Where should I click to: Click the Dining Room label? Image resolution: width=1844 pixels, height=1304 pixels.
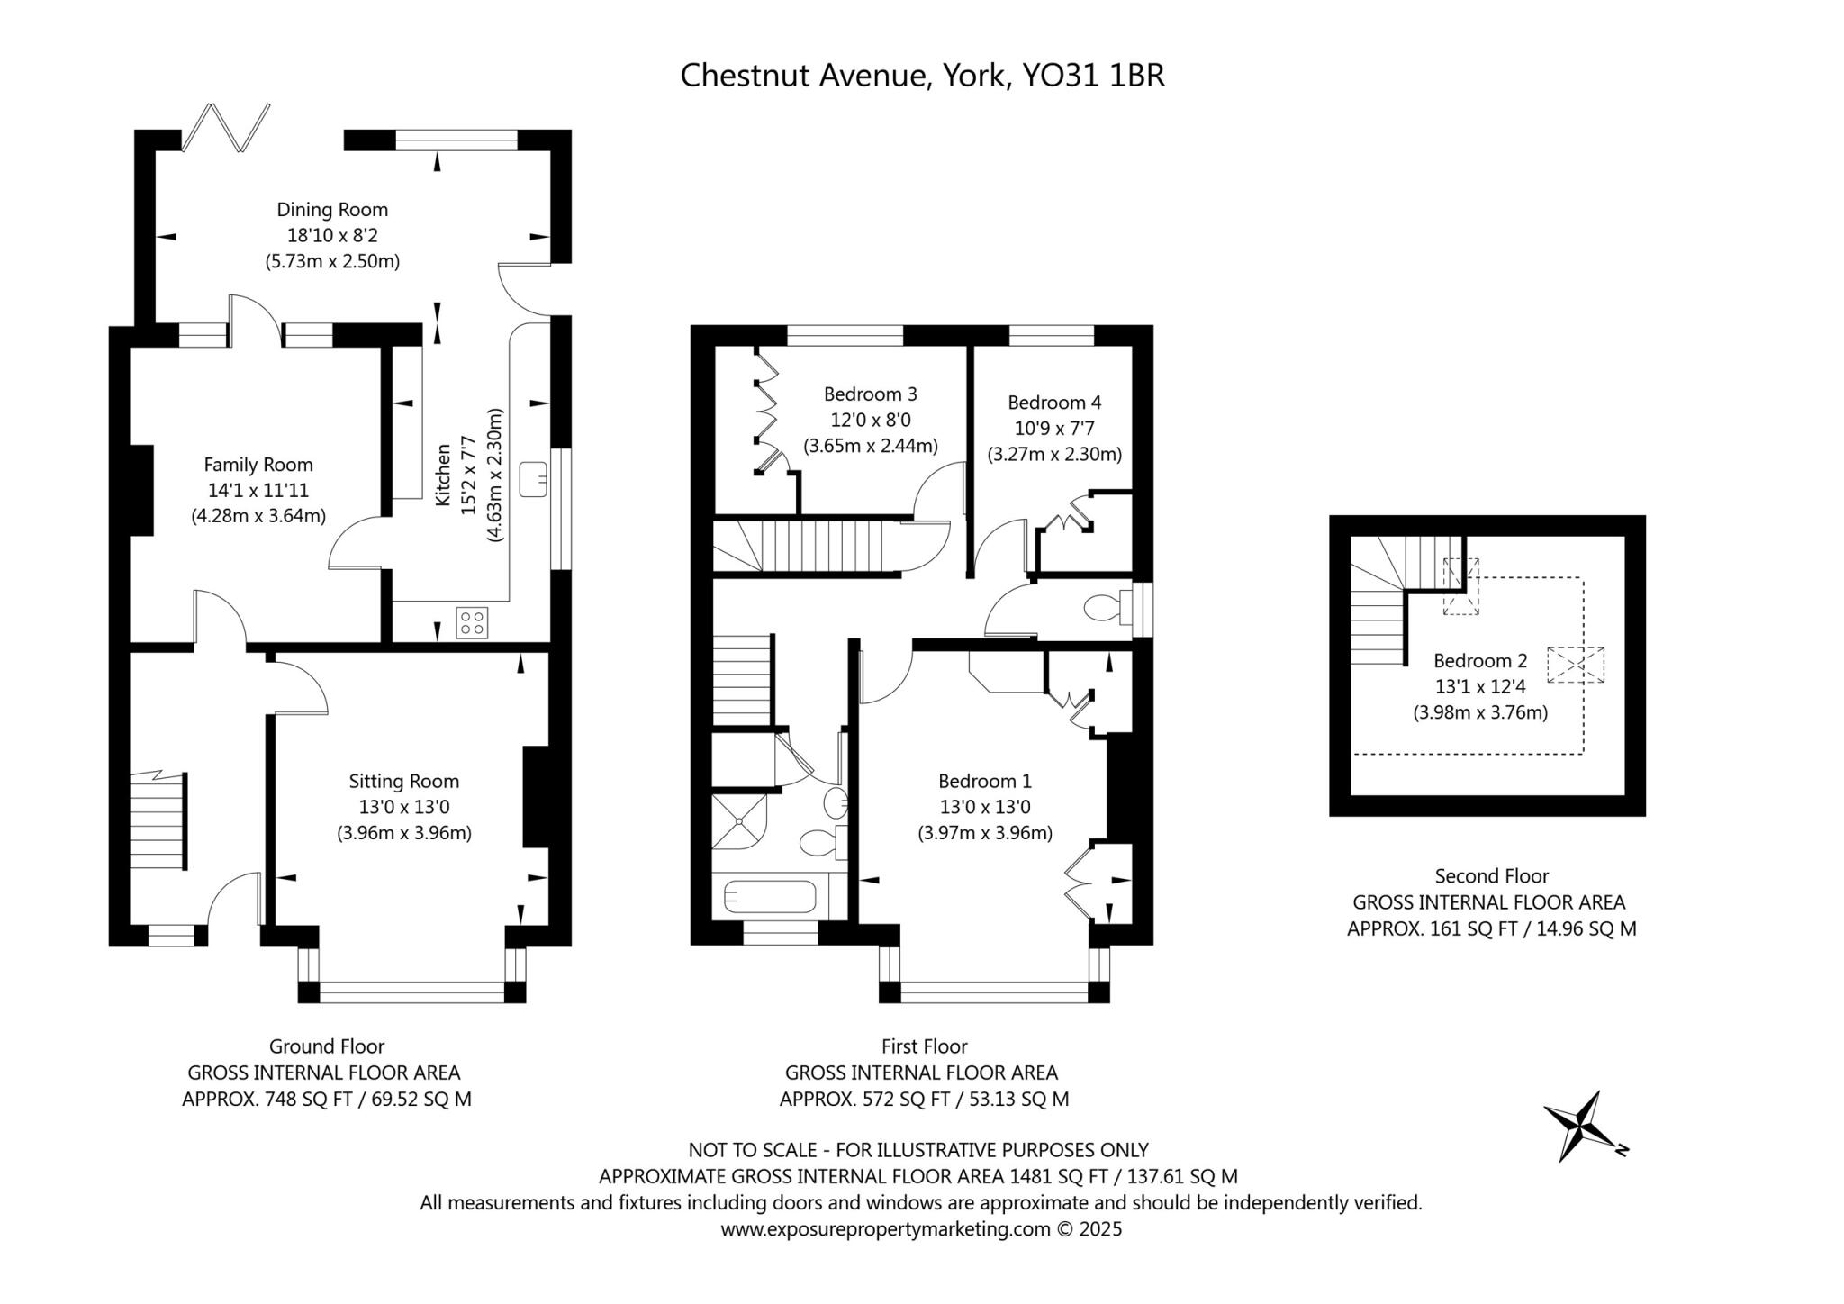point(332,210)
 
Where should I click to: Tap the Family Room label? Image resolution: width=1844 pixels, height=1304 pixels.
point(258,465)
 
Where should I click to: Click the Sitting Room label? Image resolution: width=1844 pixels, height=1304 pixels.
point(404,781)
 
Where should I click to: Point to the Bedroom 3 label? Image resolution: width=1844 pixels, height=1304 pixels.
point(871,394)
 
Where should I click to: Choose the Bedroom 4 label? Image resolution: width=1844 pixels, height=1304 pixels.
point(1054,403)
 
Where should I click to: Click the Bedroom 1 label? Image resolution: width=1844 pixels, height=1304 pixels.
point(985,781)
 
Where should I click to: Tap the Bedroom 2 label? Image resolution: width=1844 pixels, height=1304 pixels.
point(1480,660)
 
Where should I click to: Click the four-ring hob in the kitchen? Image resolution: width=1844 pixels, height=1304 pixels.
point(473,622)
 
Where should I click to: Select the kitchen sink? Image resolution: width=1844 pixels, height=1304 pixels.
point(534,478)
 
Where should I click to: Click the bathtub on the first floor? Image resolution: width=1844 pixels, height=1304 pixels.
point(770,896)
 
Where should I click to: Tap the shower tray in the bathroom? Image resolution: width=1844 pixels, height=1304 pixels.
point(740,820)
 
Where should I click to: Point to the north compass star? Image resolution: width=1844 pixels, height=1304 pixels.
point(1584,1127)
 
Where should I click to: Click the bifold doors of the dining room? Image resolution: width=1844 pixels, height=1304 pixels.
point(226,127)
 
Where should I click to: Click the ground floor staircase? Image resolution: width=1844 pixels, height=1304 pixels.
point(158,820)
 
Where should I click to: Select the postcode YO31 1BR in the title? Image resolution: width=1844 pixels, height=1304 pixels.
point(1093,75)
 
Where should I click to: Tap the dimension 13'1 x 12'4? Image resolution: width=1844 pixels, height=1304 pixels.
point(1480,686)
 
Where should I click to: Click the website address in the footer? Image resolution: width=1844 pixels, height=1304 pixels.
point(886,1229)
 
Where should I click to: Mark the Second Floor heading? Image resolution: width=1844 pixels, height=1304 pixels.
point(1492,875)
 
